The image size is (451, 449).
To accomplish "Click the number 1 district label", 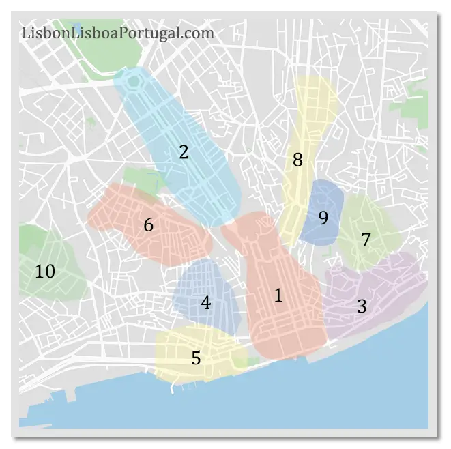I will (278, 295).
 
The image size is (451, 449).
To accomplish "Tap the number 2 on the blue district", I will (183, 151).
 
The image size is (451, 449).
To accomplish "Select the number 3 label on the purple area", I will (362, 306).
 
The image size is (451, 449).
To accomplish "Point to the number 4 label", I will (205, 302).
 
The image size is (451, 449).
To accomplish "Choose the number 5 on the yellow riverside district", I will (196, 358).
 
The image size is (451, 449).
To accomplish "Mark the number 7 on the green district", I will (366, 240).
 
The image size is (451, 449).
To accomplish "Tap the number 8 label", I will (297, 160).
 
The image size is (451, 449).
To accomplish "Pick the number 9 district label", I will (323, 218).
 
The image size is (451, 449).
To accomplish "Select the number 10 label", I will (45, 272).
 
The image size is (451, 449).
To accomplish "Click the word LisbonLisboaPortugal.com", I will (118, 32).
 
